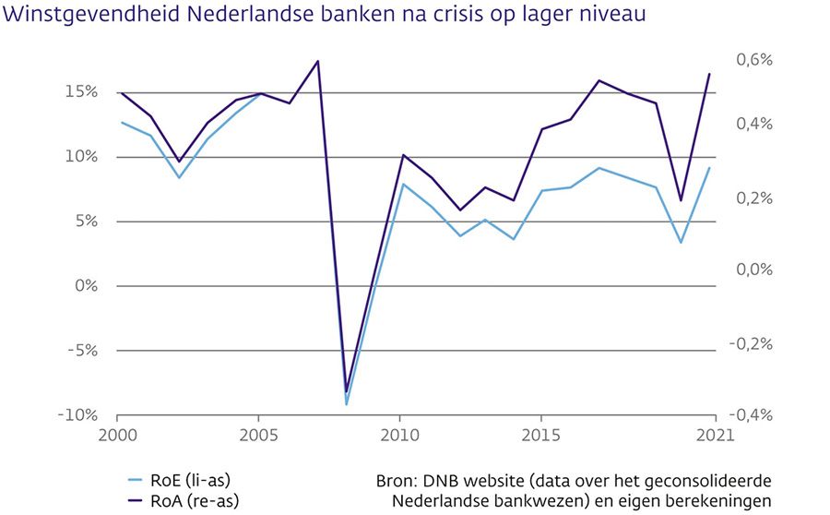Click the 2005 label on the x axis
coord(259,435)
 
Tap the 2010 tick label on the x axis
coord(400,435)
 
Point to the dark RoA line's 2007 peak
coord(317,62)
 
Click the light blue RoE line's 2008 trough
coord(346,404)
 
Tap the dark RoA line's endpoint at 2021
coord(710,74)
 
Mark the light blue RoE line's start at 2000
coord(120,122)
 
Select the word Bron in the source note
coord(397,481)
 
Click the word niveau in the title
coord(600,15)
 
